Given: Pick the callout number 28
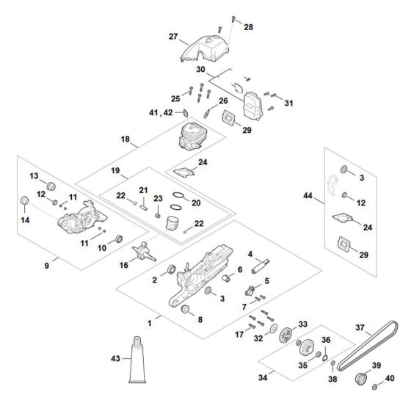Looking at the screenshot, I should pyautogui.click(x=248, y=27).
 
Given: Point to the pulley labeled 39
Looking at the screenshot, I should pyautogui.click(x=360, y=379).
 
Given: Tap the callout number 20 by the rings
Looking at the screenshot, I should pyautogui.click(x=195, y=203).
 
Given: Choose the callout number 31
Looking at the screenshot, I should pyautogui.click(x=288, y=103).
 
